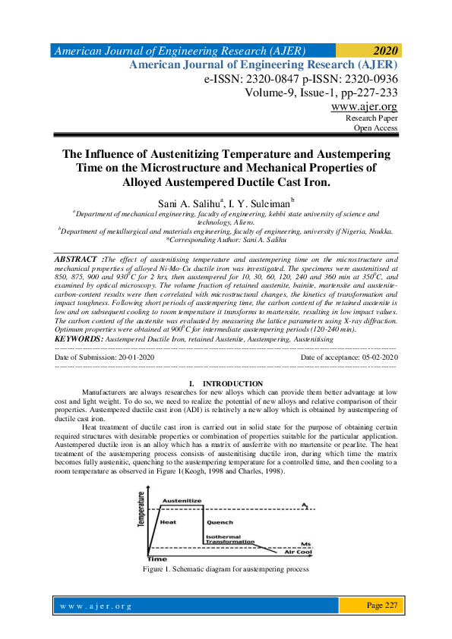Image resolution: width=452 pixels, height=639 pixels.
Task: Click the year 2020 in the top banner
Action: click(x=385, y=52)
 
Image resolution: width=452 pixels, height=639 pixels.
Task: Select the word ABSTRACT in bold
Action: click(x=77, y=259)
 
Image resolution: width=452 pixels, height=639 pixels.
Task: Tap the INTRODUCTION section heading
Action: click(x=232, y=383)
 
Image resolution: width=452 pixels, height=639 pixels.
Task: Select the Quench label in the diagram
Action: click(x=220, y=523)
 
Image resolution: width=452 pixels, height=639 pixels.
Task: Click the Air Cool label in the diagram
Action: click(x=298, y=552)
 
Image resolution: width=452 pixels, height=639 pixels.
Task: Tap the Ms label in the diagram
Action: click(x=305, y=544)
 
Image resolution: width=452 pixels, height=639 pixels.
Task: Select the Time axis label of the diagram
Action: click(x=156, y=558)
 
